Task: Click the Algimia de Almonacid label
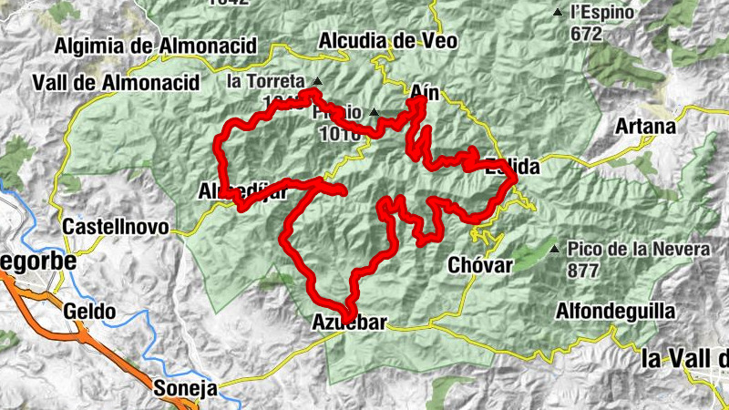156,46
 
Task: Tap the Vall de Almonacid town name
116,82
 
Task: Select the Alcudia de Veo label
388,41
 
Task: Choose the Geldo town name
89,312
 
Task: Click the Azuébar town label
349,323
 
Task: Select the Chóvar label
481,265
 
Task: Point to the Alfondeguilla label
616,312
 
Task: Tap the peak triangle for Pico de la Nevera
555,248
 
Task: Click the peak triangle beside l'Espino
557,13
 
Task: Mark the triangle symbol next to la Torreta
316,80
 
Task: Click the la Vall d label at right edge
684,358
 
